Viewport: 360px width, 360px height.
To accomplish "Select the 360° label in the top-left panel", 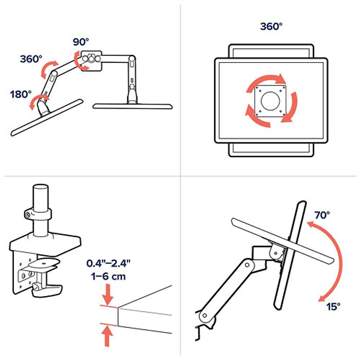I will [31, 59].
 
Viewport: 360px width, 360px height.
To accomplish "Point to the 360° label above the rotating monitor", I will [271, 27].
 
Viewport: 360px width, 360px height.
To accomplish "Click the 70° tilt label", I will [322, 215].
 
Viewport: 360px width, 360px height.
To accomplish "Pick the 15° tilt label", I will [333, 306].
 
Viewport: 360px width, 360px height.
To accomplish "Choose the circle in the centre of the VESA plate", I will [270, 99].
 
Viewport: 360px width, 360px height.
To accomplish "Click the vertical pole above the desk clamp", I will [41, 198].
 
